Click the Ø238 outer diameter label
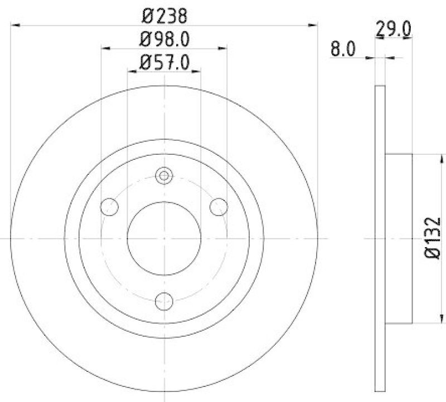[x=164, y=16]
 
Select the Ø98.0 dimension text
[x=164, y=40]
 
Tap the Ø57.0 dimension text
[x=164, y=63]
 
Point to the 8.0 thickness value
[x=343, y=49]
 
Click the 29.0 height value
[x=393, y=28]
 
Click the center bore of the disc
[x=164, y=238]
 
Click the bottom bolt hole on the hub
[x=164, y=300]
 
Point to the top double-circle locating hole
[x=164, y=177]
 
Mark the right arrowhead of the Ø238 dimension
[x=313, y=25]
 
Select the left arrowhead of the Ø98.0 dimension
[x=106, y=48]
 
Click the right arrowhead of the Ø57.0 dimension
[x=197, y=71]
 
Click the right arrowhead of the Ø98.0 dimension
[x=223, y=48]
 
